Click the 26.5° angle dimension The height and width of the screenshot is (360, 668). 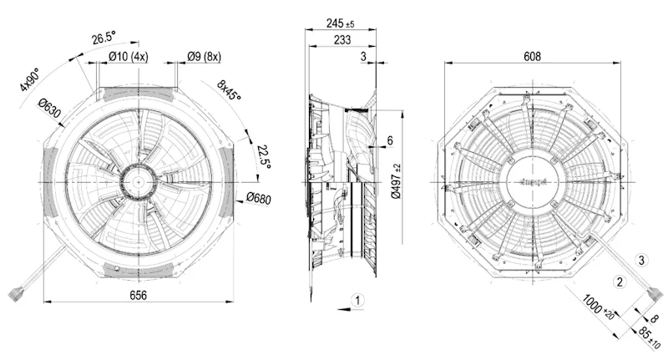pos(104,38)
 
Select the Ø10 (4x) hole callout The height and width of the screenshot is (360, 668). pos(129,56)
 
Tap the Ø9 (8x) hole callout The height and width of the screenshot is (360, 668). pos(204,56)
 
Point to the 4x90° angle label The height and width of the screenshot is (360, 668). pos(29,79)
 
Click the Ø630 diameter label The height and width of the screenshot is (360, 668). pos(49,109)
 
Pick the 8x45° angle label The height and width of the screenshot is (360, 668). pos(229,90)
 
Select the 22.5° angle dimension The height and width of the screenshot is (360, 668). pos(264,157)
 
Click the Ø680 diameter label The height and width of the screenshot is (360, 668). pos(259,198)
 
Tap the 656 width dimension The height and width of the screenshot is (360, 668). pos(138,295)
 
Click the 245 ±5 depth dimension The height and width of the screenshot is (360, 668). pos(340,23)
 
